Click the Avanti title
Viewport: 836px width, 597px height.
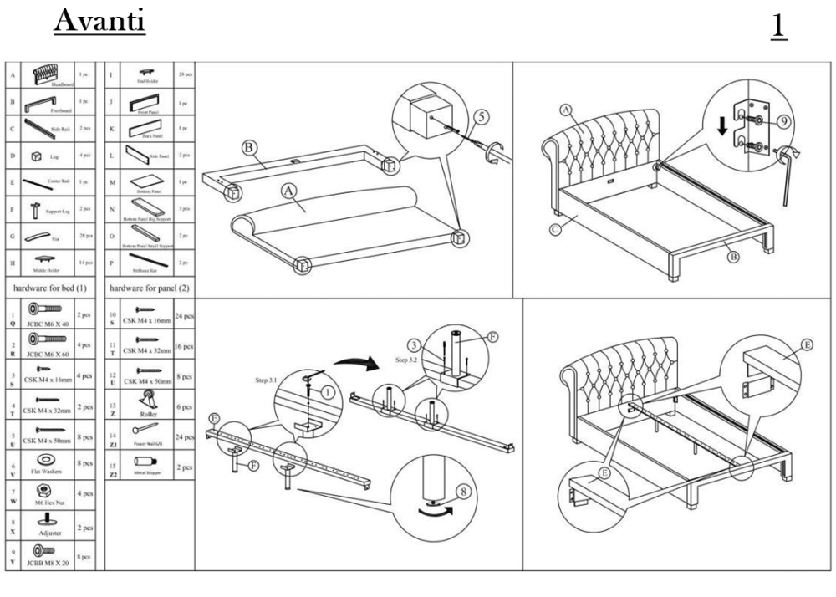click(x=100, y=21)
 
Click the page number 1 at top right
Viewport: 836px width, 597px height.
click(x=778, y=25)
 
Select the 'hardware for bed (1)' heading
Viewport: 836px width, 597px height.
click(x=48, y=287)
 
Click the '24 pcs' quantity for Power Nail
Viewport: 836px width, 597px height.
click(x=185, y=436)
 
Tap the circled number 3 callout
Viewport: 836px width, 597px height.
click(x=414, y=344)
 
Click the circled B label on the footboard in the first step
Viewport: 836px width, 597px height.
click(x=247, y=148)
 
